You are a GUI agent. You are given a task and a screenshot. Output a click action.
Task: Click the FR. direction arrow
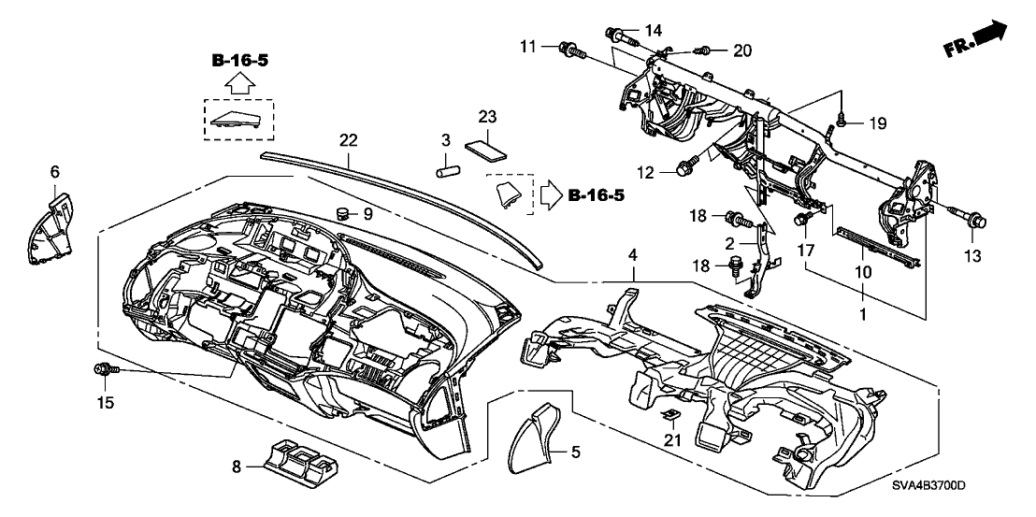[990, 36]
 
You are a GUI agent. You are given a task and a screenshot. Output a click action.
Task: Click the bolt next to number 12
[684, 169]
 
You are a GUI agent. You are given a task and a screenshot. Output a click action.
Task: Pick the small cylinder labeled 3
[451, 173]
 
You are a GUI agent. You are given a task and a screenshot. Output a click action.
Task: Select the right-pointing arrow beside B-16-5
[547, 196]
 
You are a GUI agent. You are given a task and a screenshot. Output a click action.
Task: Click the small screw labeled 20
[708, 50]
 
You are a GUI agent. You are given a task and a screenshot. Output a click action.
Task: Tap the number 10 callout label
[861, 272]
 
